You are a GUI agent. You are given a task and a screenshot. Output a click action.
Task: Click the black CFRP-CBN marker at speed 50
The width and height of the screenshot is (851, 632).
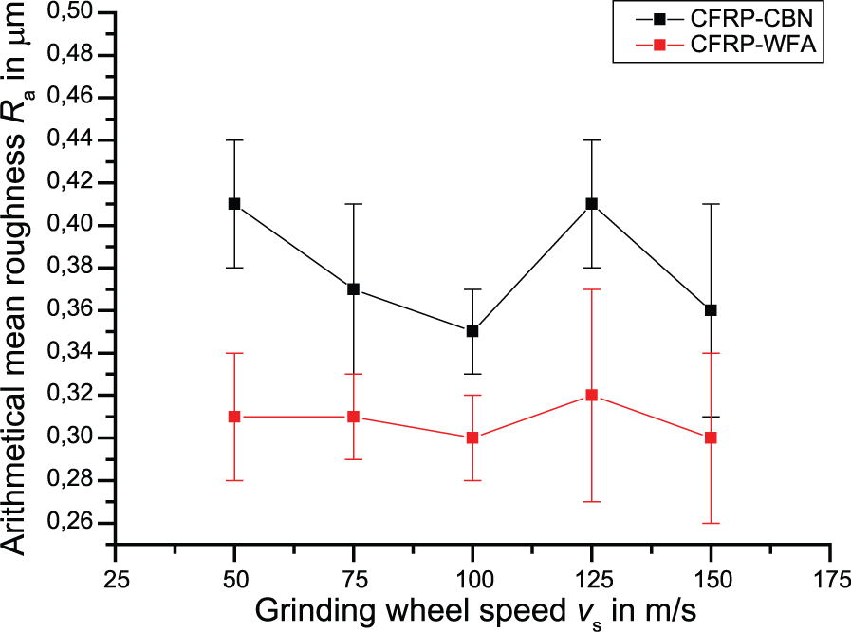234,204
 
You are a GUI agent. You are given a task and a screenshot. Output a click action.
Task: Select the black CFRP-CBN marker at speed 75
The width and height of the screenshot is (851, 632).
353,289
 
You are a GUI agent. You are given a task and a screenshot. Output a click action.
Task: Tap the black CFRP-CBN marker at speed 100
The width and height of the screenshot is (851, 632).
472,331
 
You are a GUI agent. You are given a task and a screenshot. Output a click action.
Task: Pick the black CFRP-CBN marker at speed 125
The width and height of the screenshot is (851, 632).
592,204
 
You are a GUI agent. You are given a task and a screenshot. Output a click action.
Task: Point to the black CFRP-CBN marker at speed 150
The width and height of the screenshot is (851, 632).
711,310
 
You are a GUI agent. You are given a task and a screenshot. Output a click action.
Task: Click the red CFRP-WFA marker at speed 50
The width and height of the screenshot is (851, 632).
234,417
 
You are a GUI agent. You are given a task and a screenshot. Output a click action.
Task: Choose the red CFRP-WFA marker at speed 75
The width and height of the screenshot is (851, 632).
353,417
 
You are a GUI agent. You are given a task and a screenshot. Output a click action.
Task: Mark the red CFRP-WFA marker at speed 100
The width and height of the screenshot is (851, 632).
472,437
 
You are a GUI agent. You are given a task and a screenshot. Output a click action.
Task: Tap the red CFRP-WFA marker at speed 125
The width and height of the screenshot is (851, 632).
592,396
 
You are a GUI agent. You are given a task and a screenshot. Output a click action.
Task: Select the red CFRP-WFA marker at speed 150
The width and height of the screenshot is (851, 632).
711,437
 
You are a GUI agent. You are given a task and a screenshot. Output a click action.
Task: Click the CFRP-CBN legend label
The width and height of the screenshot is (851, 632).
751,18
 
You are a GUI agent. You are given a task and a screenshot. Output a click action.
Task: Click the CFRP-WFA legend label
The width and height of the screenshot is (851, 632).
753,44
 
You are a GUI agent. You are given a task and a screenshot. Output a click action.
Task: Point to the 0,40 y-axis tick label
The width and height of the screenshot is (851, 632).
70,226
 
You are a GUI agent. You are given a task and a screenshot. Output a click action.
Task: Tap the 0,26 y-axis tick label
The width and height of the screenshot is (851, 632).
70,523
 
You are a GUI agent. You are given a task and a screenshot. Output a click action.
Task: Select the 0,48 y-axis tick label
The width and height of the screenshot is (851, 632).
70,55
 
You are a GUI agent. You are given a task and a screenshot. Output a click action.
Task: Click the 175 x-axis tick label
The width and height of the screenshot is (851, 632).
831,580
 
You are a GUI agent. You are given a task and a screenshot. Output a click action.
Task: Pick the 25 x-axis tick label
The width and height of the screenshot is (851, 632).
116,580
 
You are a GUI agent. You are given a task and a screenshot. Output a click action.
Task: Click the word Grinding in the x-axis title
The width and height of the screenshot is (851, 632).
315,611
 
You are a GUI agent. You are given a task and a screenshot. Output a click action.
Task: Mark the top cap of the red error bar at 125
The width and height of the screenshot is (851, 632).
592,289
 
